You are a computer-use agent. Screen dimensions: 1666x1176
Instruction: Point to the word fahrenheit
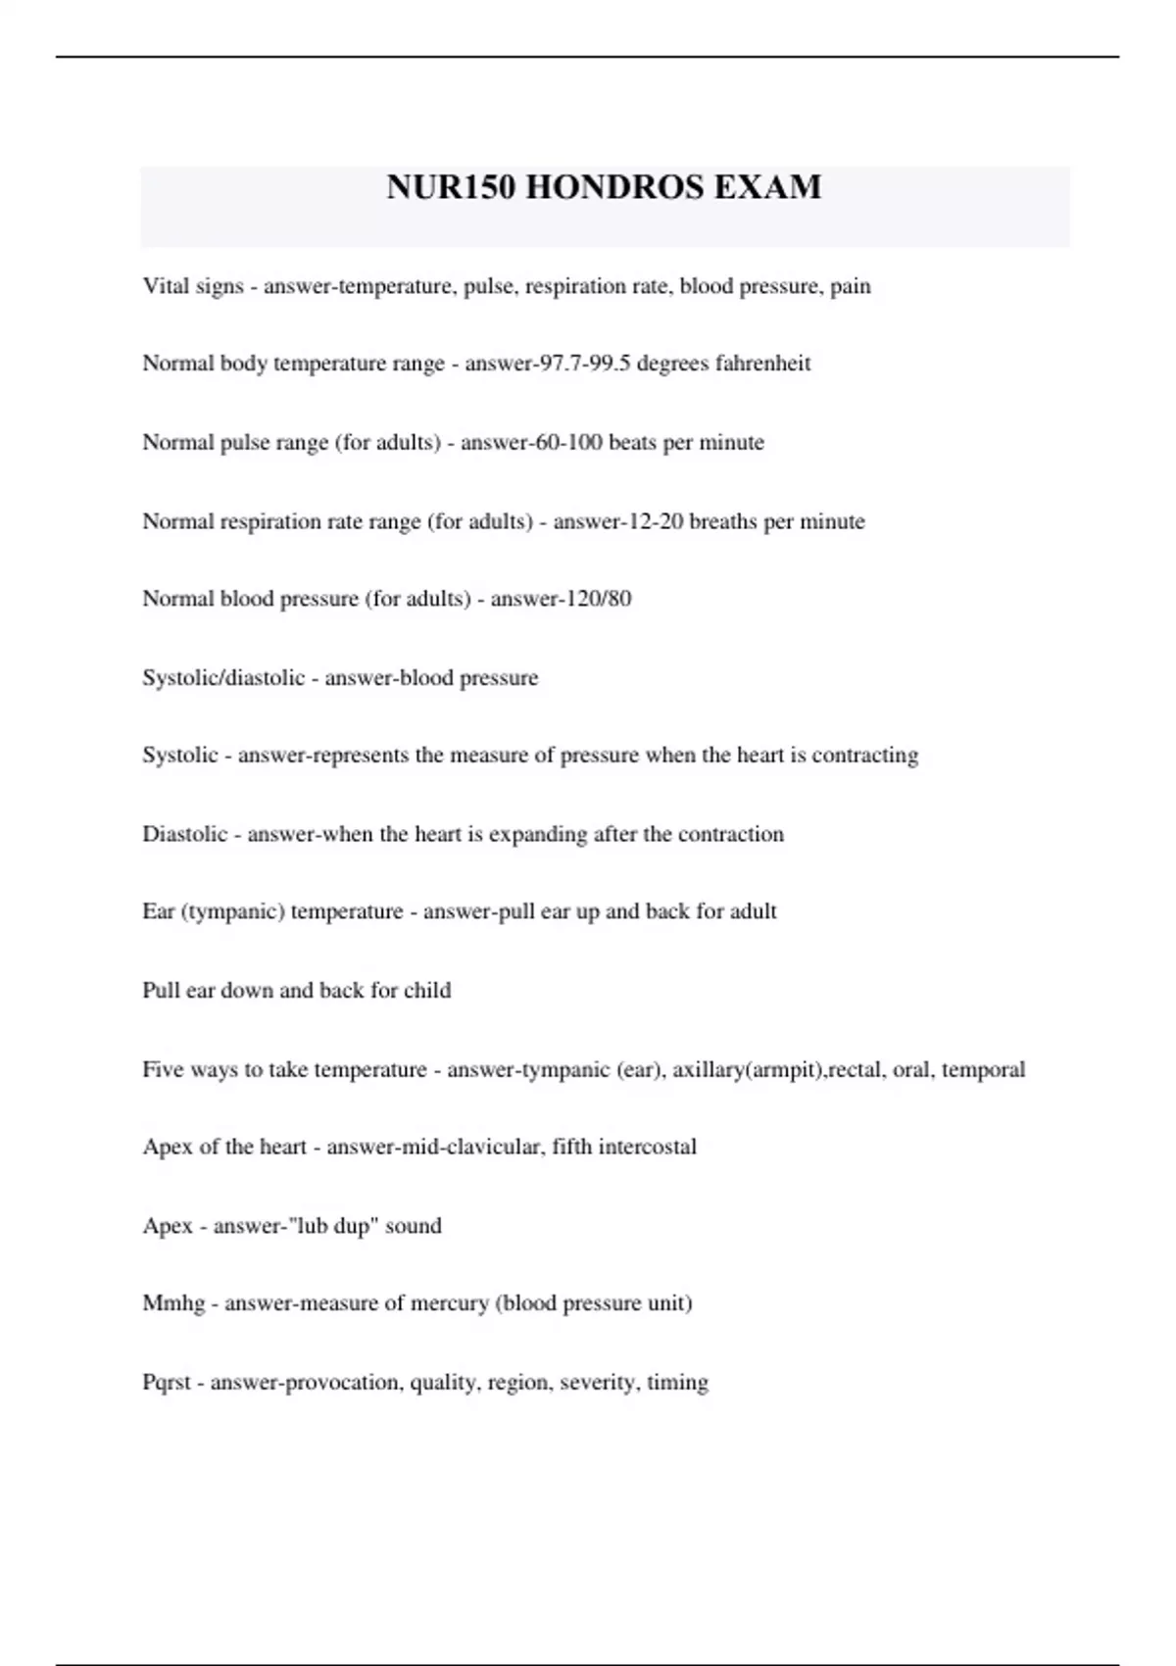click(x=763, y=364)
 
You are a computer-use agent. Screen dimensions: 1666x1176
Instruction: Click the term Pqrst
click(x=167, y=1383)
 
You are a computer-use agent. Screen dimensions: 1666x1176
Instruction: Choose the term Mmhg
click(x=173, y=1303)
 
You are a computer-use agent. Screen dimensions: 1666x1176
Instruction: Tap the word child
click(x=427, y=990)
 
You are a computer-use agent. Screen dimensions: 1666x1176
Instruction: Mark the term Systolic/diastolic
click(x=223, y=678)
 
